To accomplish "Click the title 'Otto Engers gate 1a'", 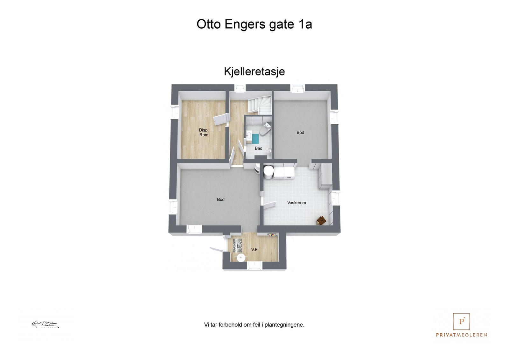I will click(254, 24).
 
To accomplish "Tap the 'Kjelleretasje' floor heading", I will click(254, 72).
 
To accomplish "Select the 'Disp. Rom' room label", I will click(204, 132).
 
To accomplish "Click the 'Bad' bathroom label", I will click(258, 149).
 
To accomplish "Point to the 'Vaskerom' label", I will click(296, 203).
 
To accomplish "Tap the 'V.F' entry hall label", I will click(254, 250).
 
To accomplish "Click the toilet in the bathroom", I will click(265, 129).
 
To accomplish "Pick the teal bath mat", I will click(255, 139).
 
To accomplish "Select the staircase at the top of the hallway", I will click(259, 105).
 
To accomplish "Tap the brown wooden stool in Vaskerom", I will click(321, 220).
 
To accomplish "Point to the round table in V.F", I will click(241, 257).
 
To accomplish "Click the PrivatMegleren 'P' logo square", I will click(461, 322).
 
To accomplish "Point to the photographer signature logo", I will click(45, 325).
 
